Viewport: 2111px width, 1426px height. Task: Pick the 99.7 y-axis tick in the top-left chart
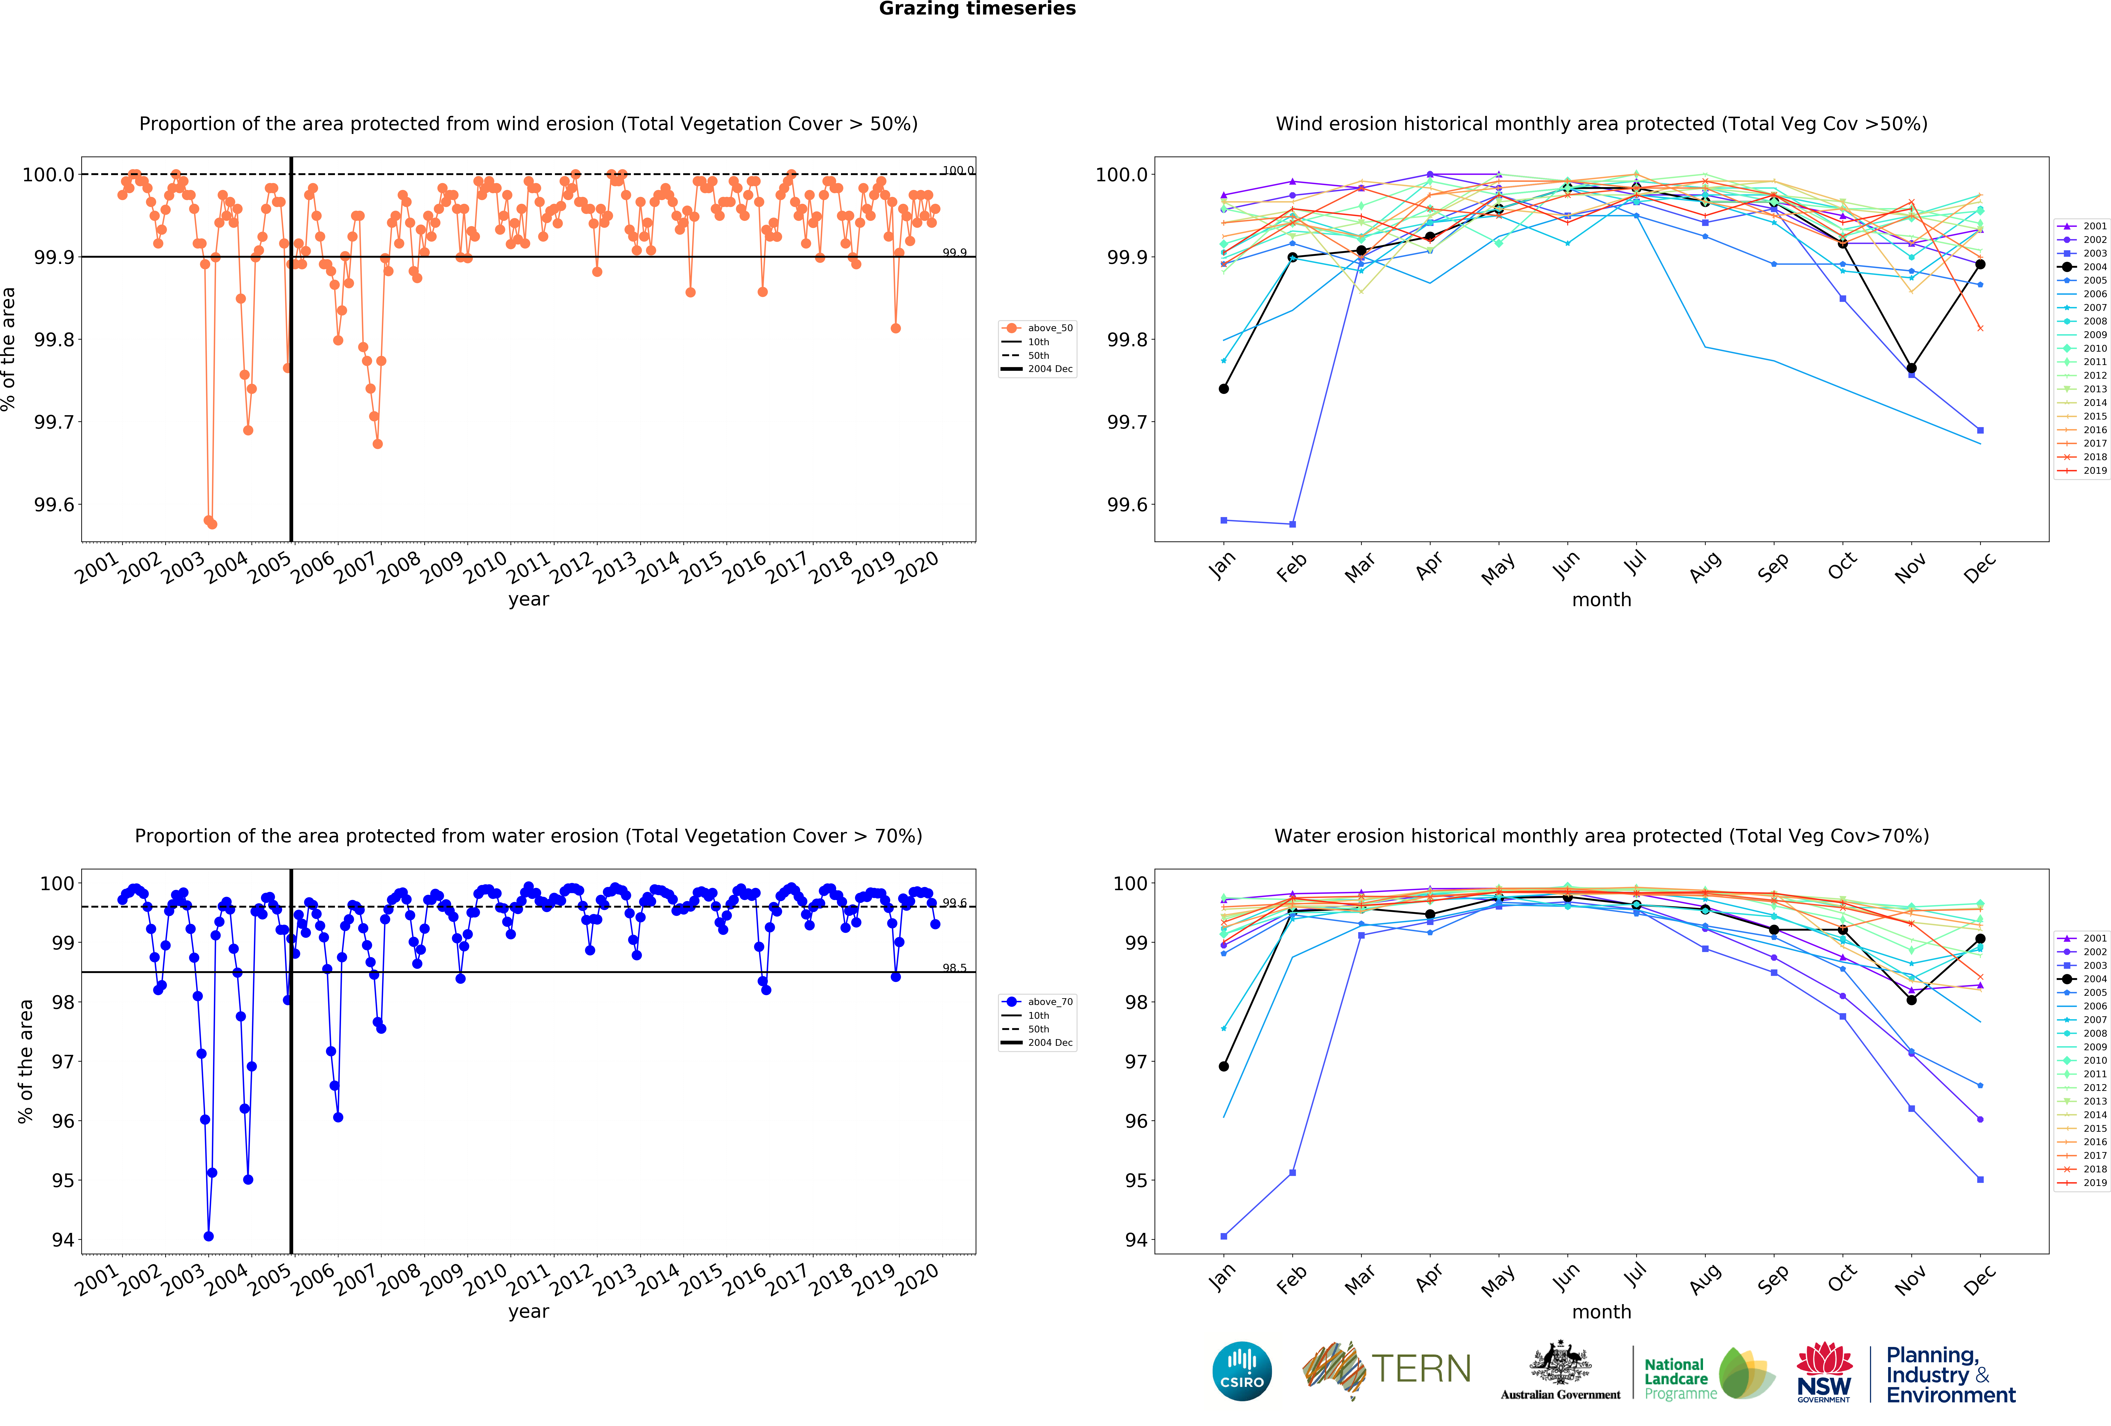[x=54, y=422]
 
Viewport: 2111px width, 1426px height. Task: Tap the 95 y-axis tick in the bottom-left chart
[x=63, y=1181]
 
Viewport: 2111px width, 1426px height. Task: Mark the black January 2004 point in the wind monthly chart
[x=1224, y=389]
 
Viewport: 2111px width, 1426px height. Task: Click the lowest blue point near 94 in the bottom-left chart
[x=209, y=1236]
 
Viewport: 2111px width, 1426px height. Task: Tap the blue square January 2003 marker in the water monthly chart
[x=1224, y=1236]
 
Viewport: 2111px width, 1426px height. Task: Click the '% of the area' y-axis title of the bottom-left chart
[x=25, y=1061]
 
